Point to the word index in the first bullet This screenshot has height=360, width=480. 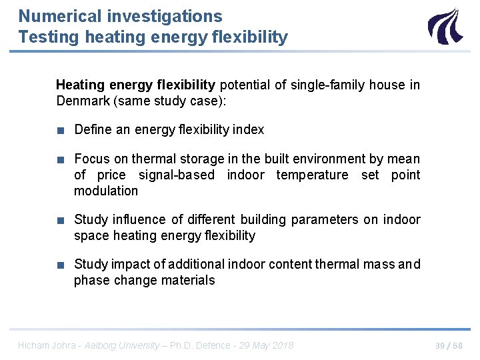point(249,129)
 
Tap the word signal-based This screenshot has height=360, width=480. point(177,175)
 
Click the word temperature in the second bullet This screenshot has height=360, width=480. point(312,175)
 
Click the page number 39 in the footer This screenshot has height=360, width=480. point(441,345)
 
